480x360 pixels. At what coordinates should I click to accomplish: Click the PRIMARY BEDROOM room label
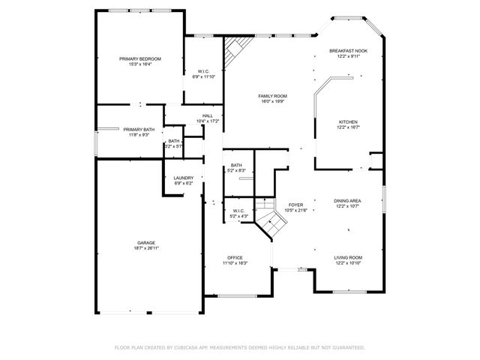(140, 58)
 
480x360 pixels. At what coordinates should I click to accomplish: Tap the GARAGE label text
(146, 243)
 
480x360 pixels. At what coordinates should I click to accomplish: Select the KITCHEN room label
(348, 121)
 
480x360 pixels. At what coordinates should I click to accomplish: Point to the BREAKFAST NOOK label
(348, 51)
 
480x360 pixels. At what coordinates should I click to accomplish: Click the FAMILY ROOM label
(273, 96)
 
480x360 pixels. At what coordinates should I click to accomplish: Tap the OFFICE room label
(235, 258)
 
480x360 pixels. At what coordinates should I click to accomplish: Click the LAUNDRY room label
(184, 178)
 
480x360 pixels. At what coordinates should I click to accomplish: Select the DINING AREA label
(348, 201)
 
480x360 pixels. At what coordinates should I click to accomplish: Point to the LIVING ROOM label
(348, 258)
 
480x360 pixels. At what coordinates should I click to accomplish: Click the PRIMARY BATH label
(139, 130)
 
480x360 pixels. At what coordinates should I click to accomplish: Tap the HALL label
(207, 115)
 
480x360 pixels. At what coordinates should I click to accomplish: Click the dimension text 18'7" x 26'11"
(146, 248)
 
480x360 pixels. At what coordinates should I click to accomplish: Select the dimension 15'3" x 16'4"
(140, 64)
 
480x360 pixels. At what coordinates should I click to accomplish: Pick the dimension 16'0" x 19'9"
(273, 101)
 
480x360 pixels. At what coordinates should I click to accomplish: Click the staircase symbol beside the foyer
(264, 209)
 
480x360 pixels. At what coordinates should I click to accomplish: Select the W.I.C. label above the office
(239, 211)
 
